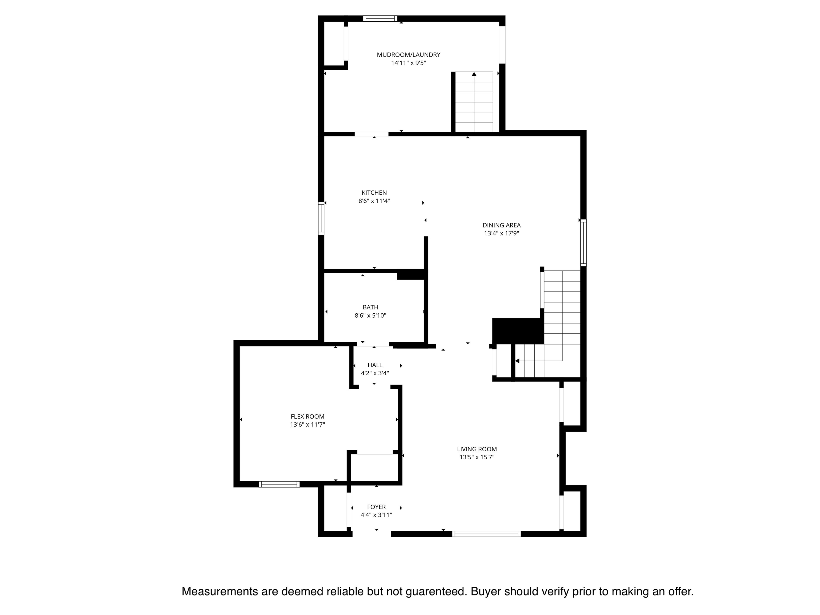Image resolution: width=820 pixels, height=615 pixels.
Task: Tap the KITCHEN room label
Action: [x=374, y=193]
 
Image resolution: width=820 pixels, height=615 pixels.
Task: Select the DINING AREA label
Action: [x=502, y=225]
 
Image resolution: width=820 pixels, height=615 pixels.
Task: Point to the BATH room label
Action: [x=370, y=307]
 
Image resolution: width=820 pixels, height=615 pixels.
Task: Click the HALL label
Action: [x=375, y=365]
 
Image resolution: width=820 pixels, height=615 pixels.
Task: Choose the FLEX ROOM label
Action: [x=307, y=416]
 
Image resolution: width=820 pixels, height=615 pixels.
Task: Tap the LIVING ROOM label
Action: [x=477, y=449]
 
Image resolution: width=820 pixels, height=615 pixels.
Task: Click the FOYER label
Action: [x=376, y=507]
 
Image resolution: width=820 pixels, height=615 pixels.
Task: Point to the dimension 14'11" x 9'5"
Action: [x=408, y=63]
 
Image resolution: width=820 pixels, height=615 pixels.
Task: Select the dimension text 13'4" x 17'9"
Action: [x=502, y=234]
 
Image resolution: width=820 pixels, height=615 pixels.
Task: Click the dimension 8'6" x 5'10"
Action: [x=370, y=316]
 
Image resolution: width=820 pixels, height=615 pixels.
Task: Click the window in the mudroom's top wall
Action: [x=380, y=18]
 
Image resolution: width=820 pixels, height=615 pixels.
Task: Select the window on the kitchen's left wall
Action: [x=321, y=218]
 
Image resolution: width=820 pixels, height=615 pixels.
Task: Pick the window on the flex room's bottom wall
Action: [x=279, y=484]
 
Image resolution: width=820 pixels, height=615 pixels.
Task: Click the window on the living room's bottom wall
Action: [x=486, y=534]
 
